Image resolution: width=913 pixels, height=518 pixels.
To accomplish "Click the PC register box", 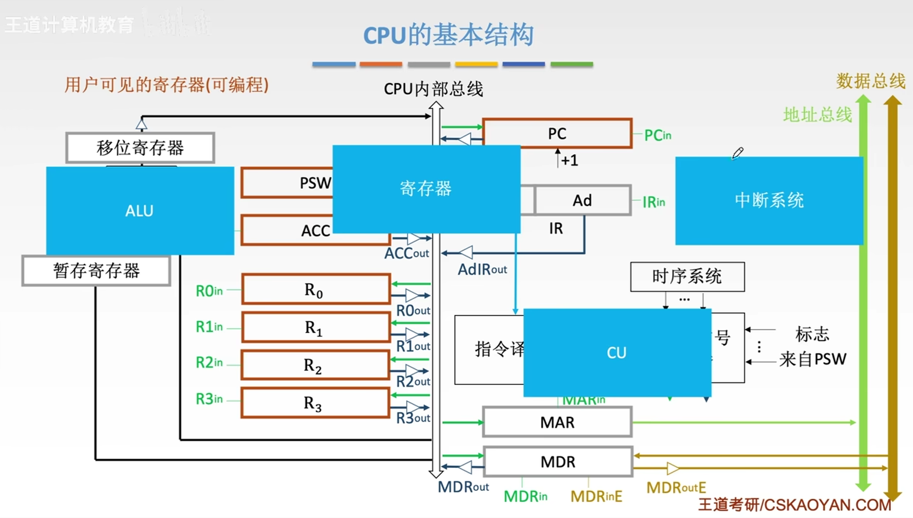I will pos(557,134).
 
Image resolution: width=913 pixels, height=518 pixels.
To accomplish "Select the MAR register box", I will pos(557,422).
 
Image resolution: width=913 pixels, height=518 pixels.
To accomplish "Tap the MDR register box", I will pos(557,462).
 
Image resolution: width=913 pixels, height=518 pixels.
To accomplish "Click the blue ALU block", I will pos(139,210).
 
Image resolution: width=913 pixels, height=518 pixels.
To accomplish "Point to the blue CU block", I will pos(617,352).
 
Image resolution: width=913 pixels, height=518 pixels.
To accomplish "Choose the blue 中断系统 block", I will pos(768,201).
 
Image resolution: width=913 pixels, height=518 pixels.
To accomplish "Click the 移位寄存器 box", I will pos(140,148).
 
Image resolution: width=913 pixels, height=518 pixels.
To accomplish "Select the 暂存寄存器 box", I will pos(96,271).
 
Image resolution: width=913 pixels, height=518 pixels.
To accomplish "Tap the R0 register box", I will pos(315,290).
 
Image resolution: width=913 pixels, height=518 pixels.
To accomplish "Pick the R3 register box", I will pos(315,403).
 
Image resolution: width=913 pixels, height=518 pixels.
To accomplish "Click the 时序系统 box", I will pos(687,276).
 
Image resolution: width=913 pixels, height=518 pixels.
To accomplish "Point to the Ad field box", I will pos(582,201).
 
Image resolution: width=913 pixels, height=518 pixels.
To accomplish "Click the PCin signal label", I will pos(658,135).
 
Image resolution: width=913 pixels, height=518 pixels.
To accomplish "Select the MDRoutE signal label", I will pos(676,487).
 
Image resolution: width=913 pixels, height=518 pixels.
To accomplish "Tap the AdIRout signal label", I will pos(482,269).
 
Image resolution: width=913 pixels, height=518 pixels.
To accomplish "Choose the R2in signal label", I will pos(209,363).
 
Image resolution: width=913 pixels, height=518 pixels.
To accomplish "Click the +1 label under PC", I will pos(569,160).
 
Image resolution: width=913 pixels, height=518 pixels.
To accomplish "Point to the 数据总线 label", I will pos(871,81).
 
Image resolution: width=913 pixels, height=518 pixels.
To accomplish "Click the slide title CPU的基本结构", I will pos(448,35).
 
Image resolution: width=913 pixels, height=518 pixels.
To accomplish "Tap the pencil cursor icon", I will pos(737,153).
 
